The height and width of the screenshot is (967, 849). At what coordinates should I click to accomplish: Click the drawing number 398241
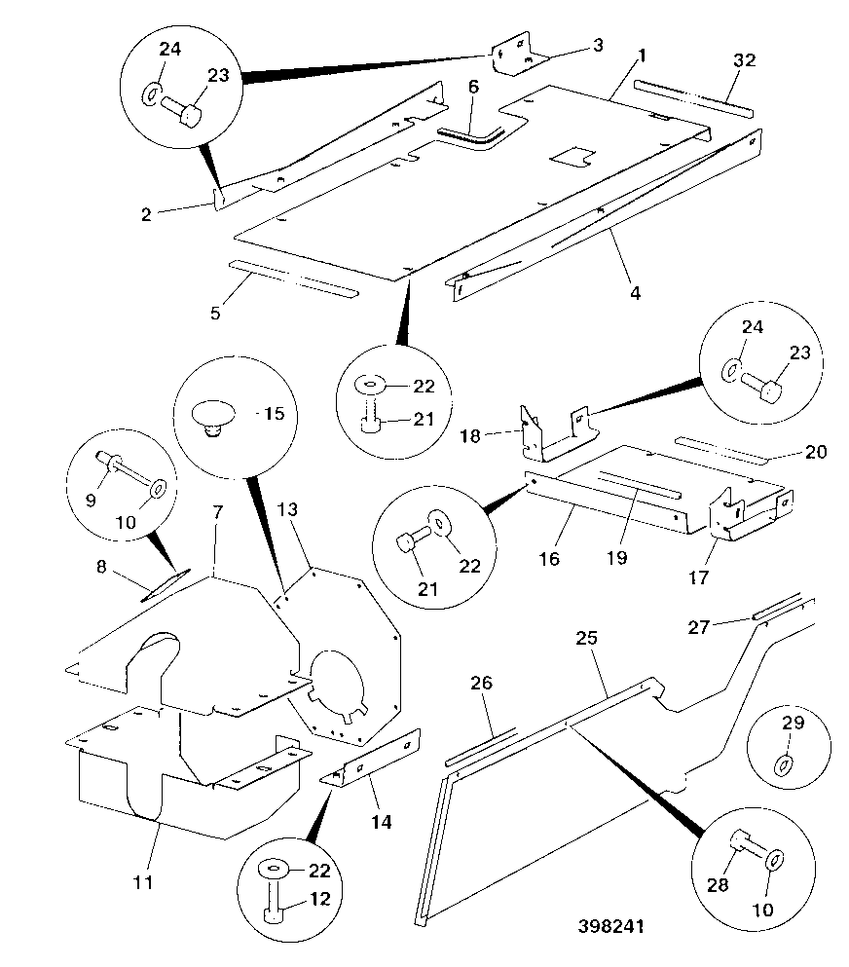(611, 926)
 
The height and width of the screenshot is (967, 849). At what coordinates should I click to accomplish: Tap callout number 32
(744, 59)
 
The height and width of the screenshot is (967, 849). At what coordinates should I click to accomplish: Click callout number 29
(793, 723)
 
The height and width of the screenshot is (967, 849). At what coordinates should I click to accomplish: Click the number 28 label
(718, 885)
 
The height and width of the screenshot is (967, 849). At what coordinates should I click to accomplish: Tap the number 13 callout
(287, 509)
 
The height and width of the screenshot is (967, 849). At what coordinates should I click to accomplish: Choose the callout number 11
(143, 882)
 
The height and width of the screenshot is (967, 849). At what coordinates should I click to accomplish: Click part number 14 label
(381, 822)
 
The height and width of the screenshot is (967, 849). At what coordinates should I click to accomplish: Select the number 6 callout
(473, 87)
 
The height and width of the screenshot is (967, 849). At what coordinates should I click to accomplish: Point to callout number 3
(598, 45)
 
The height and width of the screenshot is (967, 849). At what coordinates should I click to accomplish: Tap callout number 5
(214, 313)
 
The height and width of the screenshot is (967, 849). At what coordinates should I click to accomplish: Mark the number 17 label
(698, 577)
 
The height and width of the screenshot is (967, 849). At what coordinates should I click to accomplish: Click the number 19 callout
(616, 557)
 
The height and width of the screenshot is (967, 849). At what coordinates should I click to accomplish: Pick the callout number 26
(482, 683)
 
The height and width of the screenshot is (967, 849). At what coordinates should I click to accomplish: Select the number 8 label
(101, 566)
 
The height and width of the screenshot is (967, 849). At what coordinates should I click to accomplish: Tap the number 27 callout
(698, 627)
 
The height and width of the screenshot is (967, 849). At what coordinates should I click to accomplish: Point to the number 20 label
(816, 452)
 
